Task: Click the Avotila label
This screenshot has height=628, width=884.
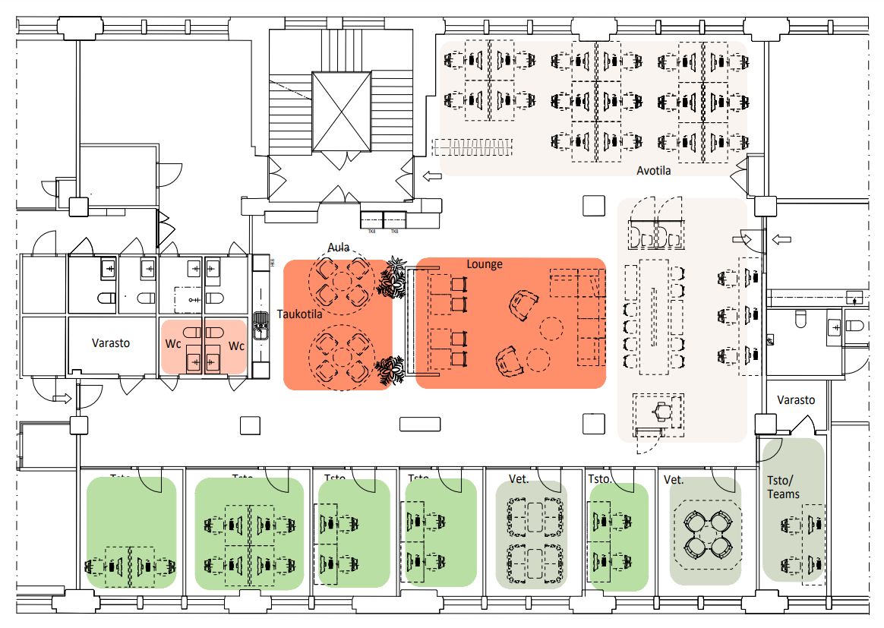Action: click(653, 171)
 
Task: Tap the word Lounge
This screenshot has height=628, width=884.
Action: click(485, 264)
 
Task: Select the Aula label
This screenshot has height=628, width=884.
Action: click(339, 247)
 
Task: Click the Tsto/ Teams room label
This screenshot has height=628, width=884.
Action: click(783, 487)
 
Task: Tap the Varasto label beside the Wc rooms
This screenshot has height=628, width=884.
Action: click(111, 342)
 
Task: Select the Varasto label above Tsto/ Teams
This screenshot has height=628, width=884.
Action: click(796, 400)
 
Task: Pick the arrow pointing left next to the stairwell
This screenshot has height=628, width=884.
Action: click(431, 177)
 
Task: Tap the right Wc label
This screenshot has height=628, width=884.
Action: click(237, 346)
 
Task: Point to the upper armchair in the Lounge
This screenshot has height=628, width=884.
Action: click(522, 305)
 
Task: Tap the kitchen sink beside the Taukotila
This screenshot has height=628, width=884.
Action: click(260, 327)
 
